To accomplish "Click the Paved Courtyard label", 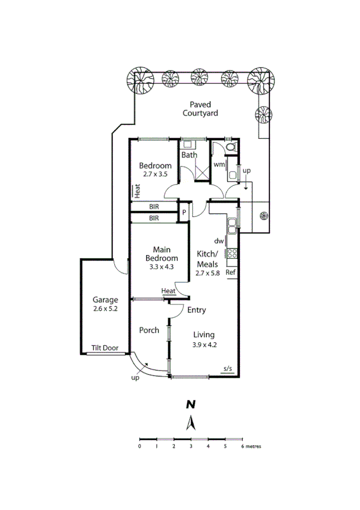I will click(x=200, y=108).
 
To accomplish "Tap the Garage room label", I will click(x=105, y=300).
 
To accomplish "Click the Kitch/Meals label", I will click(x=207, y=259).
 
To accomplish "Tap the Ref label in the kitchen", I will click(x=230, y=272).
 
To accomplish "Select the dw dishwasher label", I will click(x=219, y=241).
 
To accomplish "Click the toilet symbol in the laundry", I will click(x=232, y=148).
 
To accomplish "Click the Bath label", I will click(x=189, y=155).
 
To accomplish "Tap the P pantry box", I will click(x=185, y=212).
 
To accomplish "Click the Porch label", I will click(x=148, y=330).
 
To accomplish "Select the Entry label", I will click(x=197, y=310).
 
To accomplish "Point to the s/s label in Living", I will click(x=228, y=368).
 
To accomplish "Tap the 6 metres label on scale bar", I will click(x=251, y=447).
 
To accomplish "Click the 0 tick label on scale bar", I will click(x=139, y=447).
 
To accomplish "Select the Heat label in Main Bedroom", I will click(x=168, y=292).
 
